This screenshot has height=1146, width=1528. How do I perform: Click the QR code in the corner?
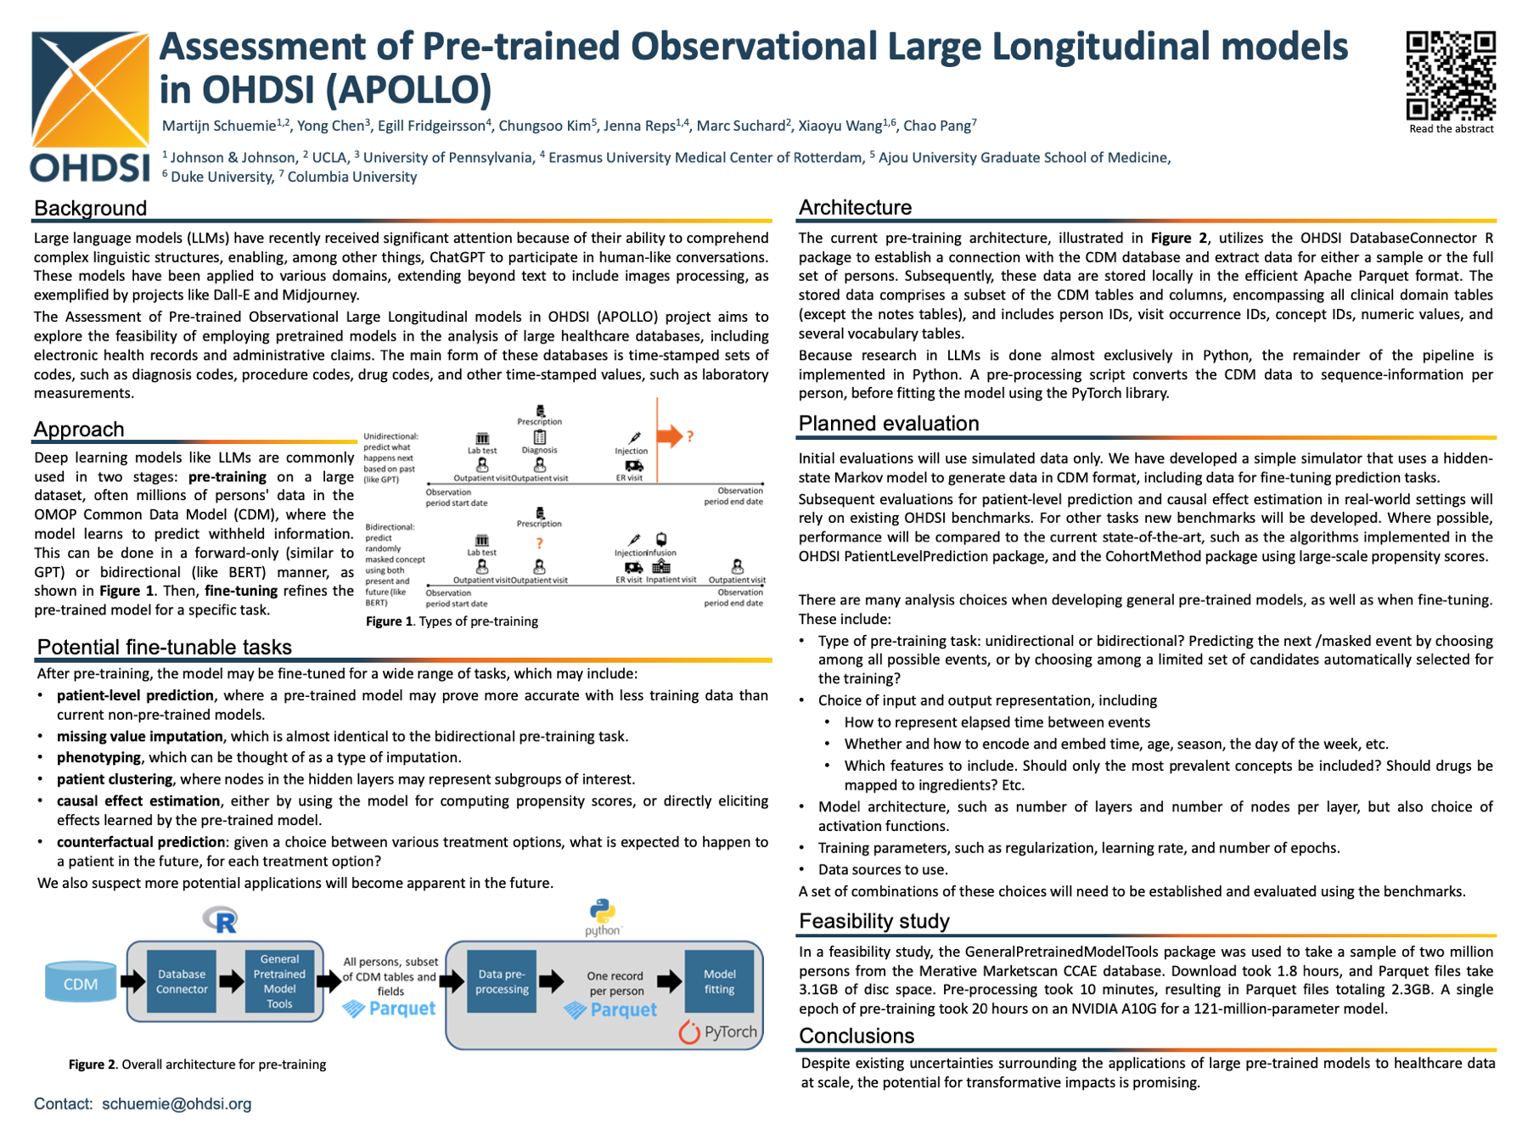click(1451, 76)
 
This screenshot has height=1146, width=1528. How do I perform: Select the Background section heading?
click(90, 208)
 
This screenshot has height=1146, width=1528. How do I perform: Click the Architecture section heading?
click(855, 207)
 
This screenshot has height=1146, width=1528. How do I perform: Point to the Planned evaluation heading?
click(889, 424)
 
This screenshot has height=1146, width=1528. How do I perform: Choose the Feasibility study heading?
click(874, 921)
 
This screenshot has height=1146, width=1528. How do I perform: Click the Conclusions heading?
click(856, 1036)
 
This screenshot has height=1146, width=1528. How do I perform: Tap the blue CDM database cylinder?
click(81, 983)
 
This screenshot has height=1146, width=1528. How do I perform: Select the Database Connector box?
click(182, 981)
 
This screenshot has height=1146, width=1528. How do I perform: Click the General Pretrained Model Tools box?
click(279, 981)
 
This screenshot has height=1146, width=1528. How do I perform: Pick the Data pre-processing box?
click(502, 981)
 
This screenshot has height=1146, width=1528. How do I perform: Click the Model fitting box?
click(719, 981)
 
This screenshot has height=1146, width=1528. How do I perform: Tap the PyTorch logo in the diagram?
click(718, 1031)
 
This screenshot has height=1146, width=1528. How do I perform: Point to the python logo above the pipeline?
click(603, 915)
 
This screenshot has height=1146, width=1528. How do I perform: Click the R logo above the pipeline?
click(222, 919)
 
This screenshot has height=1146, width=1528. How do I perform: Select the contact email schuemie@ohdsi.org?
click(177, 1104)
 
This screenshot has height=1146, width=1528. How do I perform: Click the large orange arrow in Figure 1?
click(670, 436)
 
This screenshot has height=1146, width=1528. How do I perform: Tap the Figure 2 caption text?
click(197, 1065)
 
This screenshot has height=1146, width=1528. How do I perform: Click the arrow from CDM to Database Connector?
click(132, 982)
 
